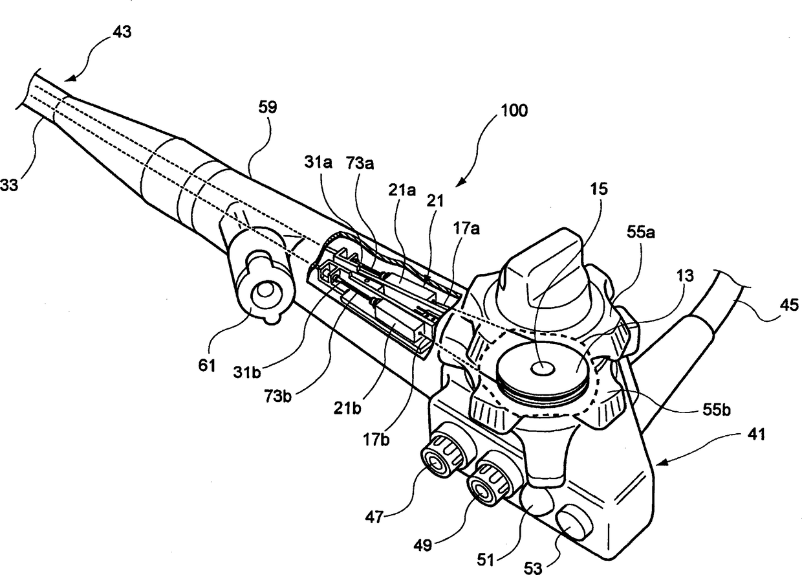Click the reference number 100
[x=514, y=110]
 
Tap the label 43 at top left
[x=121, y=32]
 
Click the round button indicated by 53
[x=572, y=520]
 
